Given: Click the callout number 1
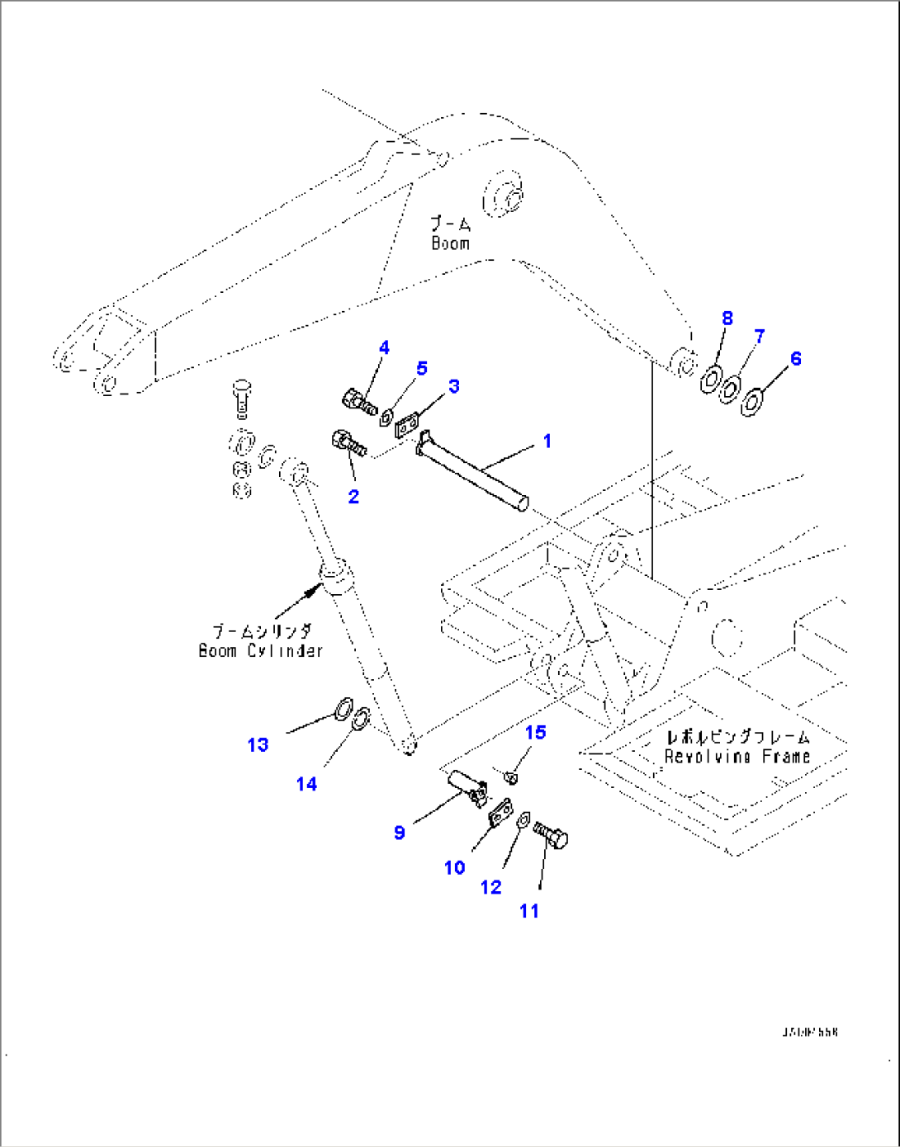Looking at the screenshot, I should point(547,441).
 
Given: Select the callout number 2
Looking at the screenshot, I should point(353,496).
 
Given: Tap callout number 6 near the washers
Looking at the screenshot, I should point(795,358).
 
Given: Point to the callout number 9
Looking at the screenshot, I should point(399,832).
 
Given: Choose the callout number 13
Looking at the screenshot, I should point(258,744).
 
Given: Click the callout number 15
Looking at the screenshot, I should point(535,732).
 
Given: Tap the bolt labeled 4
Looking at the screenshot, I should point(358,402).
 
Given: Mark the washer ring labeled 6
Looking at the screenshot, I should point(751,404).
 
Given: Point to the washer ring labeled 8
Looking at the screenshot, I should point(710,380).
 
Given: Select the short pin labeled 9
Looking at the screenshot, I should point(467,786).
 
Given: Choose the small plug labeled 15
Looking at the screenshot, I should point(510,776).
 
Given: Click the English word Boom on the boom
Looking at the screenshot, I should point(450,243).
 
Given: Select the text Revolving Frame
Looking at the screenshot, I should point(737,757).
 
